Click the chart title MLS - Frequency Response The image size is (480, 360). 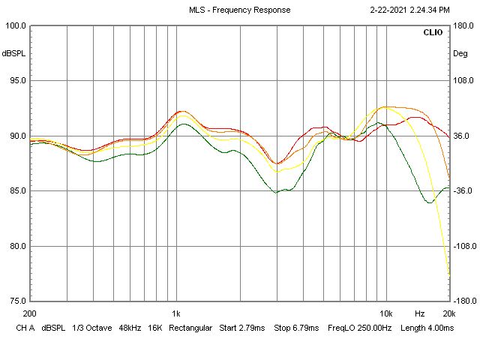point(239,10)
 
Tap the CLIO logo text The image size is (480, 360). point(433,33)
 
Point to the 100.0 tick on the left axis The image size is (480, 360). point(16,26)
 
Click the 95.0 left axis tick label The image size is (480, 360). point(16,81)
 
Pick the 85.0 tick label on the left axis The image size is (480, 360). point(16,191)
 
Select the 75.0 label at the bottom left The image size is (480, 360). point(16,301)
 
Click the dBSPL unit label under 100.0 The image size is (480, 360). point(14,53)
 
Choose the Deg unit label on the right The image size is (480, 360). point(460,53)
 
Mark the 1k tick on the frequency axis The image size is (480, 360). point(176,313)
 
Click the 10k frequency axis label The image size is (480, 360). point(386,313)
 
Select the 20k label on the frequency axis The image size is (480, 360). point(449,313)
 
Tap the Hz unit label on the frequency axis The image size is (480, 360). point(420,313)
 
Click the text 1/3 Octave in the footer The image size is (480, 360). point(91,328)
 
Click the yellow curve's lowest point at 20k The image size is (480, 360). point(449,274)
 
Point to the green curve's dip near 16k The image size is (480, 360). point(430,202)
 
